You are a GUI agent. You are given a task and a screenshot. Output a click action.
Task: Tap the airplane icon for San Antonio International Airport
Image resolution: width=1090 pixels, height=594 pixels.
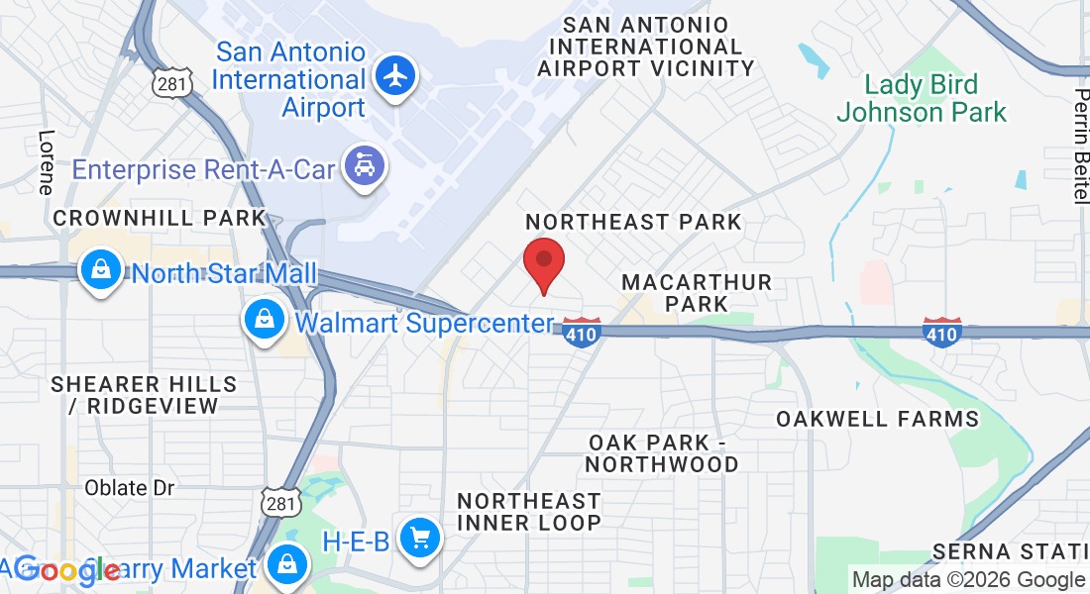point(396,75)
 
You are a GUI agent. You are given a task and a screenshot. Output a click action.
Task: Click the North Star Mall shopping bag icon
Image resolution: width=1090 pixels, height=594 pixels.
point(101,269)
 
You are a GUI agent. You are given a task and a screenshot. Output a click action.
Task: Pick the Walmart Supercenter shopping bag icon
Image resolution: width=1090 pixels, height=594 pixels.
point(265,319)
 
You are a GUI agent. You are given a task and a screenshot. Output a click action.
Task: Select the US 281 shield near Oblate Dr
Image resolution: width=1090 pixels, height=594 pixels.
point(280,504)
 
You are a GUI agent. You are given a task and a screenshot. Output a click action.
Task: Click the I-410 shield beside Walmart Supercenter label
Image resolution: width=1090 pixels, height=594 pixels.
point(582,332)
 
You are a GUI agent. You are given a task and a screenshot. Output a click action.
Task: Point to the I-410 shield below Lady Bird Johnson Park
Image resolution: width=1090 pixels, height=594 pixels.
point(941,332)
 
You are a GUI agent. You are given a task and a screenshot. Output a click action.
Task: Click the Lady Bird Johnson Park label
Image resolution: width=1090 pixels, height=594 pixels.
point(922,99)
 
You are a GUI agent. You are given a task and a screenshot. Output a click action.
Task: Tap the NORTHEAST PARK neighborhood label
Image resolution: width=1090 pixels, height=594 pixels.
point(634,222)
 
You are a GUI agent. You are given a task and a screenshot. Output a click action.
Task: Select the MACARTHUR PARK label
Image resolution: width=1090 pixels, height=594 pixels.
point(697,293)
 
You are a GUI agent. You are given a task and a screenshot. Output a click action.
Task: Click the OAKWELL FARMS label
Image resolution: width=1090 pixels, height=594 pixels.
point(878,419)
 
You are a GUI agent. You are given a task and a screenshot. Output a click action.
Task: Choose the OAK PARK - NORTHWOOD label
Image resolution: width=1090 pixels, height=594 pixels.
point(662,453)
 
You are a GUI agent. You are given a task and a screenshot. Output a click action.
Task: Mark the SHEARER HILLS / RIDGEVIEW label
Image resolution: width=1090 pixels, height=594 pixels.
point(144,394)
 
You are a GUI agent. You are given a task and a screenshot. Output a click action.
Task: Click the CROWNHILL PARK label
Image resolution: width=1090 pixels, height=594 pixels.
point(160,218)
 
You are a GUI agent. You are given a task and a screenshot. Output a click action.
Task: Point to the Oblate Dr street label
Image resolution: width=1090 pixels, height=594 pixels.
point(130,488)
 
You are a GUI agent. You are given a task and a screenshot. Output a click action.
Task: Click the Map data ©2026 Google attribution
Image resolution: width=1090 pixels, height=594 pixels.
point(968,580)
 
